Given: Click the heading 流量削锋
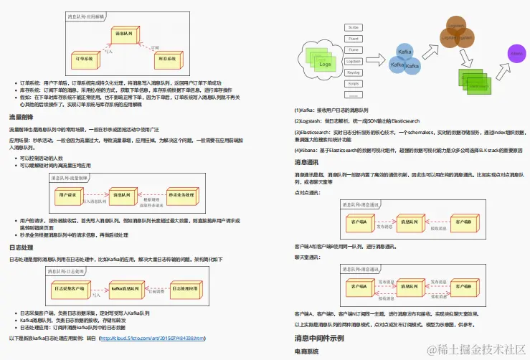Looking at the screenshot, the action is [x=22, y=117].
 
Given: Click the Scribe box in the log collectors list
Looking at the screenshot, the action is [x=354, y=27].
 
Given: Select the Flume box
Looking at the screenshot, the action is [x=354, y=49].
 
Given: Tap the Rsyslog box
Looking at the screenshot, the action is [x=354, y=72].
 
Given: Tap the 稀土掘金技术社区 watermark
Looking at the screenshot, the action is [x=475, y=349].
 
